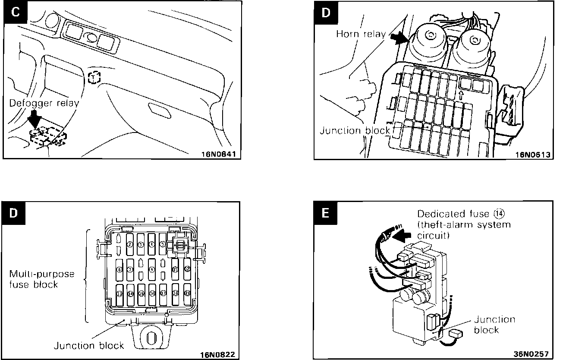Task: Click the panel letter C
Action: (x=15, y=13)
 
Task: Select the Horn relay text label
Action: (x=361, y=34)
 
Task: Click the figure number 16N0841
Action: (x=220, y=153)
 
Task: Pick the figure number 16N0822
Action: (x=220, y=354)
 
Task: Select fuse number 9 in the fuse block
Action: (x=152, y=269)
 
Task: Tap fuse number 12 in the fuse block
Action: (x=187, y=269)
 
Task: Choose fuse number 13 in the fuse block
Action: (x=119, y=294)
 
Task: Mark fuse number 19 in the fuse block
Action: (x=187, y=293)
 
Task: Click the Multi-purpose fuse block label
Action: (x=42, y=279)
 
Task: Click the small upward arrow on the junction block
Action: (x=461, y=94)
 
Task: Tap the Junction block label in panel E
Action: (x=494, y=325)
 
